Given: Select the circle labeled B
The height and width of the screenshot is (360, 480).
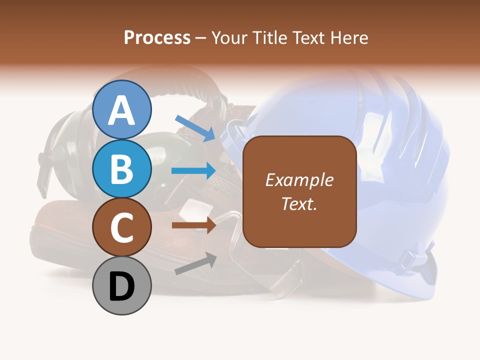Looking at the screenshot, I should click(x=122, y=169).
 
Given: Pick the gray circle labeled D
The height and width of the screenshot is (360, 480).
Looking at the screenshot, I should click(x=122, y=285).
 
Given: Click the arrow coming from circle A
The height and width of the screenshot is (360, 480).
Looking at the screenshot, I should click(x=195, y=127).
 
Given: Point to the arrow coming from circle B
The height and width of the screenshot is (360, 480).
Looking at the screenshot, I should click(x=193, y=171).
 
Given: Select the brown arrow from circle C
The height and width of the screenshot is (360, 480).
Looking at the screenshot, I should click(x=194, y=225).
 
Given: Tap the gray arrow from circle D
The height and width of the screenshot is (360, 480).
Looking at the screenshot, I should click(x=195, y=264).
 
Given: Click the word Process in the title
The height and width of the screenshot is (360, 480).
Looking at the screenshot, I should click(x=157, y=37).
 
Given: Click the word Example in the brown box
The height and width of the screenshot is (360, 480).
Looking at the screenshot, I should click(x=299, y=180).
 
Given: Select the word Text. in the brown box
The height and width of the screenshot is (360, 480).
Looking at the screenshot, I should click(x=299, y=204).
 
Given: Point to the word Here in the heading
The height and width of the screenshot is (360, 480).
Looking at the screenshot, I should click(x=349, y=37).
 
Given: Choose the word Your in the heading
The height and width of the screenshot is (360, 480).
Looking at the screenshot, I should click(x=229, y=37).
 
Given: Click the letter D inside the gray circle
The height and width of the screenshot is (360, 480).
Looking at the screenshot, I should click(x=122, y=287).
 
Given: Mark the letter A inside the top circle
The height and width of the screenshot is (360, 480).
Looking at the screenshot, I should click(x=122, y=111).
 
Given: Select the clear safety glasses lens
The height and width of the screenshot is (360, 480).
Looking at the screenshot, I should click(x=285, y=280).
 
